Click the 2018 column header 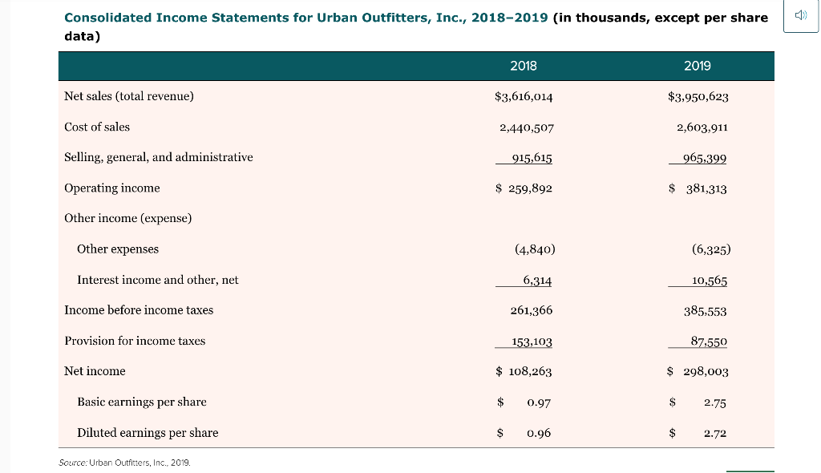(523, 66)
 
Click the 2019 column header (697, 66)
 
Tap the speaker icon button (801, 15)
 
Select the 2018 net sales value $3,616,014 (524, 96)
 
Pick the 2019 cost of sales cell (702, 127)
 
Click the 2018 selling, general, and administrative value (532, 158)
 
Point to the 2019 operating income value (698, 188)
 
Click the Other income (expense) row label (127, 218)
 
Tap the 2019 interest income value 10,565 (710, 281)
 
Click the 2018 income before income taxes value (532, 310)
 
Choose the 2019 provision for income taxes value (709, 342)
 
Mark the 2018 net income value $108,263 (524, 371)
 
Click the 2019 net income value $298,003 (698, 371)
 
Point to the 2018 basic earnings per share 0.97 (539, 402)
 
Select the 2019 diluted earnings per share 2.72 (714, 433)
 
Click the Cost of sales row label (97, 127)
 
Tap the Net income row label (95, 371)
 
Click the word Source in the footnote (72, 463)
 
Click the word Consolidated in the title (108, 18)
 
